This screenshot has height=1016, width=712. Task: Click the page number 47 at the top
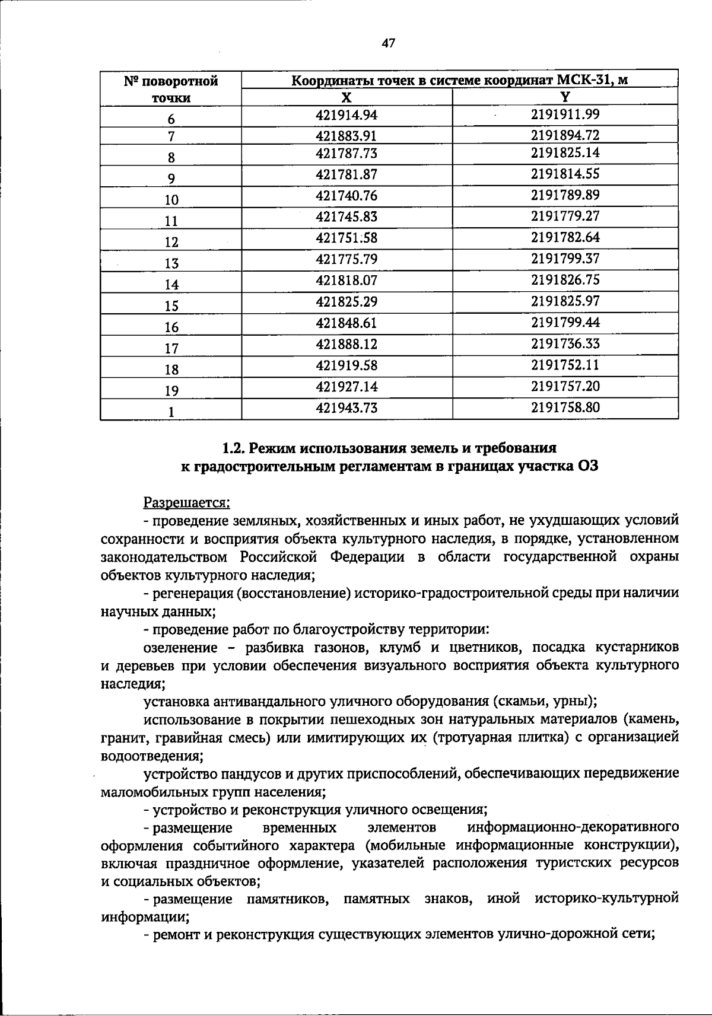point(389,43)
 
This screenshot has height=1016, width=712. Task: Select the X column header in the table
point(347,98)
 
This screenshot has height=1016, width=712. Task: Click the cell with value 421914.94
point(347,114)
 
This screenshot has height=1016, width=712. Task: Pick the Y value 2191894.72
point(565,135)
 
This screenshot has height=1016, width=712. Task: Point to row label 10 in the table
point(171,200)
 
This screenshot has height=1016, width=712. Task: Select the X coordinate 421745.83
point(347,217)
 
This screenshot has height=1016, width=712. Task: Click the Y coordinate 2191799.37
point(565,259)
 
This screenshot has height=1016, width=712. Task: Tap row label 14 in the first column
point(171,285)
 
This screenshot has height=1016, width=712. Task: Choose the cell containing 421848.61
point(347,323)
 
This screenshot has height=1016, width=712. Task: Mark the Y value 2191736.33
point(565,344)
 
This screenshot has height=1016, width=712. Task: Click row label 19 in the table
point(171,391)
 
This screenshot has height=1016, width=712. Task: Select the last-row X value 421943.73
point(347,408)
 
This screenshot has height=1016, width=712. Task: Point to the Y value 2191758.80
point(565,407)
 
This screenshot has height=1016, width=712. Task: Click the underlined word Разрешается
point(187,503)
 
